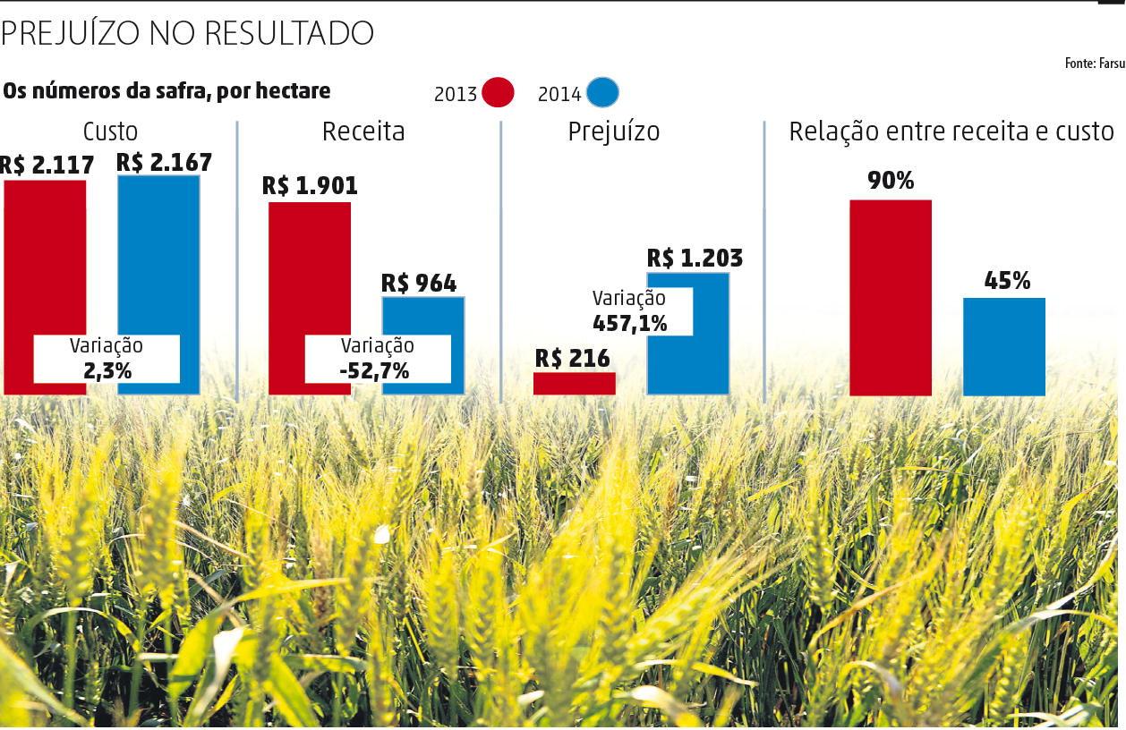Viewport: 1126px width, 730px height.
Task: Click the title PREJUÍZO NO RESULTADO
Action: [187, 33]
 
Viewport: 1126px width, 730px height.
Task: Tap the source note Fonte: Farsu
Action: [1094, 64]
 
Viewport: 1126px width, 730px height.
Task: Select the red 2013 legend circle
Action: [498, 92]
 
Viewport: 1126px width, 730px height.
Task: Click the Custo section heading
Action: [110, 132]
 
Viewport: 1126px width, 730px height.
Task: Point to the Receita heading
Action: [363, 132]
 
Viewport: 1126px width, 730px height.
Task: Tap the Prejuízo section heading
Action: [614, 132]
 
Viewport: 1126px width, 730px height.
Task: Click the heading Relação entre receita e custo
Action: [951, 132]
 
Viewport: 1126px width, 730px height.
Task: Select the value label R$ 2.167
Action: [164, 163]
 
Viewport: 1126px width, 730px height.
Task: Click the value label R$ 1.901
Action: [310, 186]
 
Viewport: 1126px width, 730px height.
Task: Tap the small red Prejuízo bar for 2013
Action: [574, 384]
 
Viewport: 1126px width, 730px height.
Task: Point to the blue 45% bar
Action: [1003, 346]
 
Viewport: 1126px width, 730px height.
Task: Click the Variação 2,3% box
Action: [107, 359]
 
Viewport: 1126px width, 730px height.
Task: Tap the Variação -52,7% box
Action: [377, 359]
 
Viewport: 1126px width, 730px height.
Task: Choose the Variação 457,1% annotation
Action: [630, 311]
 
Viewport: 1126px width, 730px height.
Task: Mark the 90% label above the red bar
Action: [890, 182]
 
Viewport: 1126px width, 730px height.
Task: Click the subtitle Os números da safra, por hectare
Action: [166, 91]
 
